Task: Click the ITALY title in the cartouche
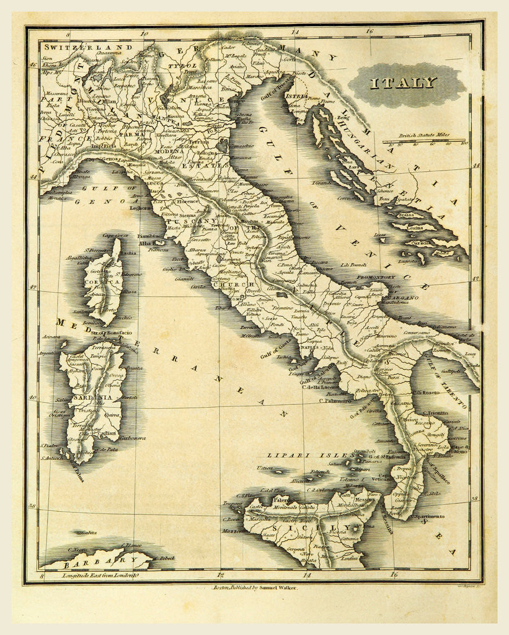tap(404, 83)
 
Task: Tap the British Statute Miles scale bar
tap(432, 142)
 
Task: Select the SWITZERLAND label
tap(87, 47)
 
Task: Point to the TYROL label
tap(187, 65)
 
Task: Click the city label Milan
tap(109, 102)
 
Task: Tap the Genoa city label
tap(109, 159)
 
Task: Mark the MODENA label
tap(169, 151)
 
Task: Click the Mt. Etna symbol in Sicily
tap(355, 530)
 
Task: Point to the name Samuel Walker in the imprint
tap(276, 587)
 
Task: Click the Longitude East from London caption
tap(99, 576)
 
